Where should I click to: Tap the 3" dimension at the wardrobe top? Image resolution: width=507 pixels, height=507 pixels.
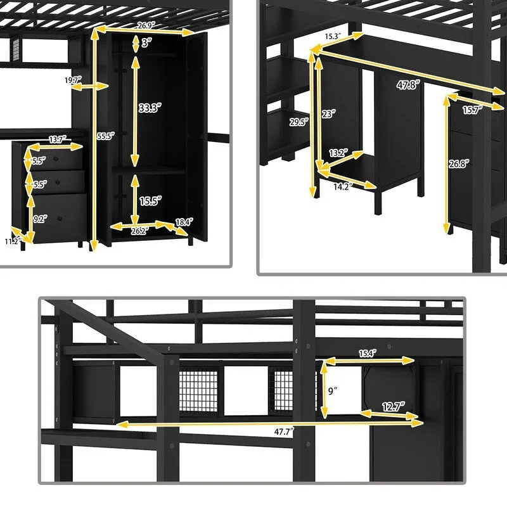[x=146, y=43]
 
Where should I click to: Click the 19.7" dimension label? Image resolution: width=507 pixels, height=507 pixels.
[x=74, y=80]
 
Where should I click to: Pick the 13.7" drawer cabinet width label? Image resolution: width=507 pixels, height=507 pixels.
[x=58, y=139]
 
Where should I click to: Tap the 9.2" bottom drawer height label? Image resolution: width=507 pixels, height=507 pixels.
[x=39, y=219]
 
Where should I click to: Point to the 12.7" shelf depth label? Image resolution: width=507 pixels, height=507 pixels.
[x=390, y=408]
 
